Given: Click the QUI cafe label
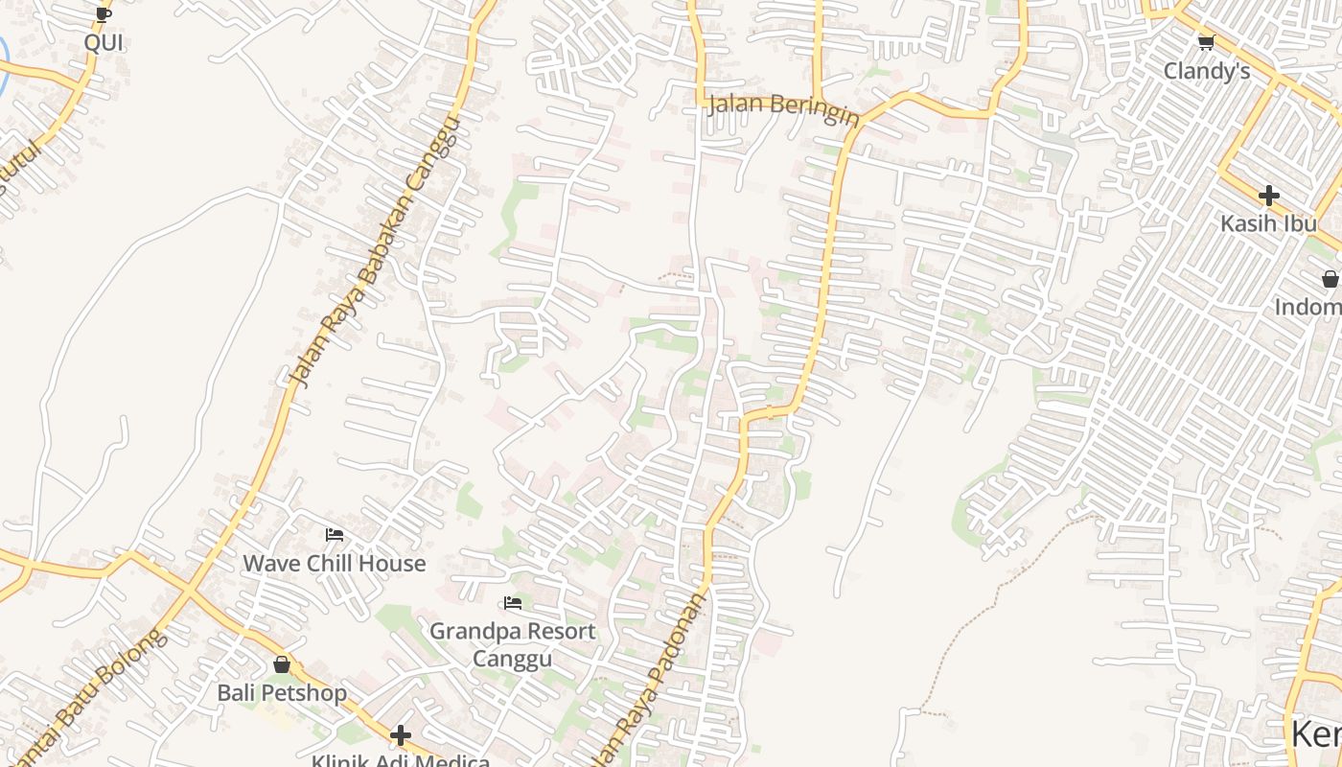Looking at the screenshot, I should [104, 43].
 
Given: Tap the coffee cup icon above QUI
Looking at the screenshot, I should [104, 14].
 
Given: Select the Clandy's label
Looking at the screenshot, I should [1207, 71].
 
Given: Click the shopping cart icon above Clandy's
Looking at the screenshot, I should [1206, 42].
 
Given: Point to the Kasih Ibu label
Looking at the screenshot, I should [1268, 223].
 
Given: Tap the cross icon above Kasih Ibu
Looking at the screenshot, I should [1269, 196].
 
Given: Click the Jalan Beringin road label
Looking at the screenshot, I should [783, 109].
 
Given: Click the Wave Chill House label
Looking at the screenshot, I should [334, 563].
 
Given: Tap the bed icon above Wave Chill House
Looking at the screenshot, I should [335, 535].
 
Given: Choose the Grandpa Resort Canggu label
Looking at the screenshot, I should [512, 644].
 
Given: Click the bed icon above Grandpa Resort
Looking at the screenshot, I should [513, 603].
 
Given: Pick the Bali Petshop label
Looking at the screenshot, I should [282, 692].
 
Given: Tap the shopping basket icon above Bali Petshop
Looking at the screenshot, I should [282, 663].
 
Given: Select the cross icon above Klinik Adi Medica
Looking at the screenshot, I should [401, 735].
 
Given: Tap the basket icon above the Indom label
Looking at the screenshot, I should [1330, 279].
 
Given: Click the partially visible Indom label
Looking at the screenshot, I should [1308, 307].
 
